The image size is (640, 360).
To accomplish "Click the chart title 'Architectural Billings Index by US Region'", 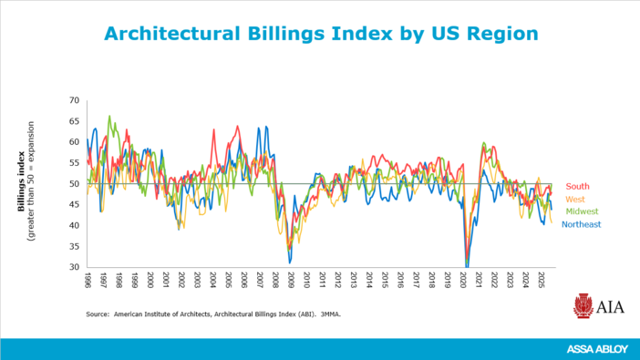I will [320, 34].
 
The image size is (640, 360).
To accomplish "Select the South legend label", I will [577, 187].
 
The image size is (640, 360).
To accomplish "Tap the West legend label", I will [575, 199].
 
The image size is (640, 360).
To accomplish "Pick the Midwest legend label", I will [582, 211].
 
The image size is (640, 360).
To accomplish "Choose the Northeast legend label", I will [581, 224].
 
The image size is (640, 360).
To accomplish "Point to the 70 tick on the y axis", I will [75, 100].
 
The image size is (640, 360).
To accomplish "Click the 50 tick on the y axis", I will [75, 184].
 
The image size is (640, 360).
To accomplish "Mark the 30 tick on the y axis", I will [75, 267].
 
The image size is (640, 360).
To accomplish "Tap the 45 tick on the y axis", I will [75, 205].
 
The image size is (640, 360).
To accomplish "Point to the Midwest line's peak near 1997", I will [109, 117].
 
